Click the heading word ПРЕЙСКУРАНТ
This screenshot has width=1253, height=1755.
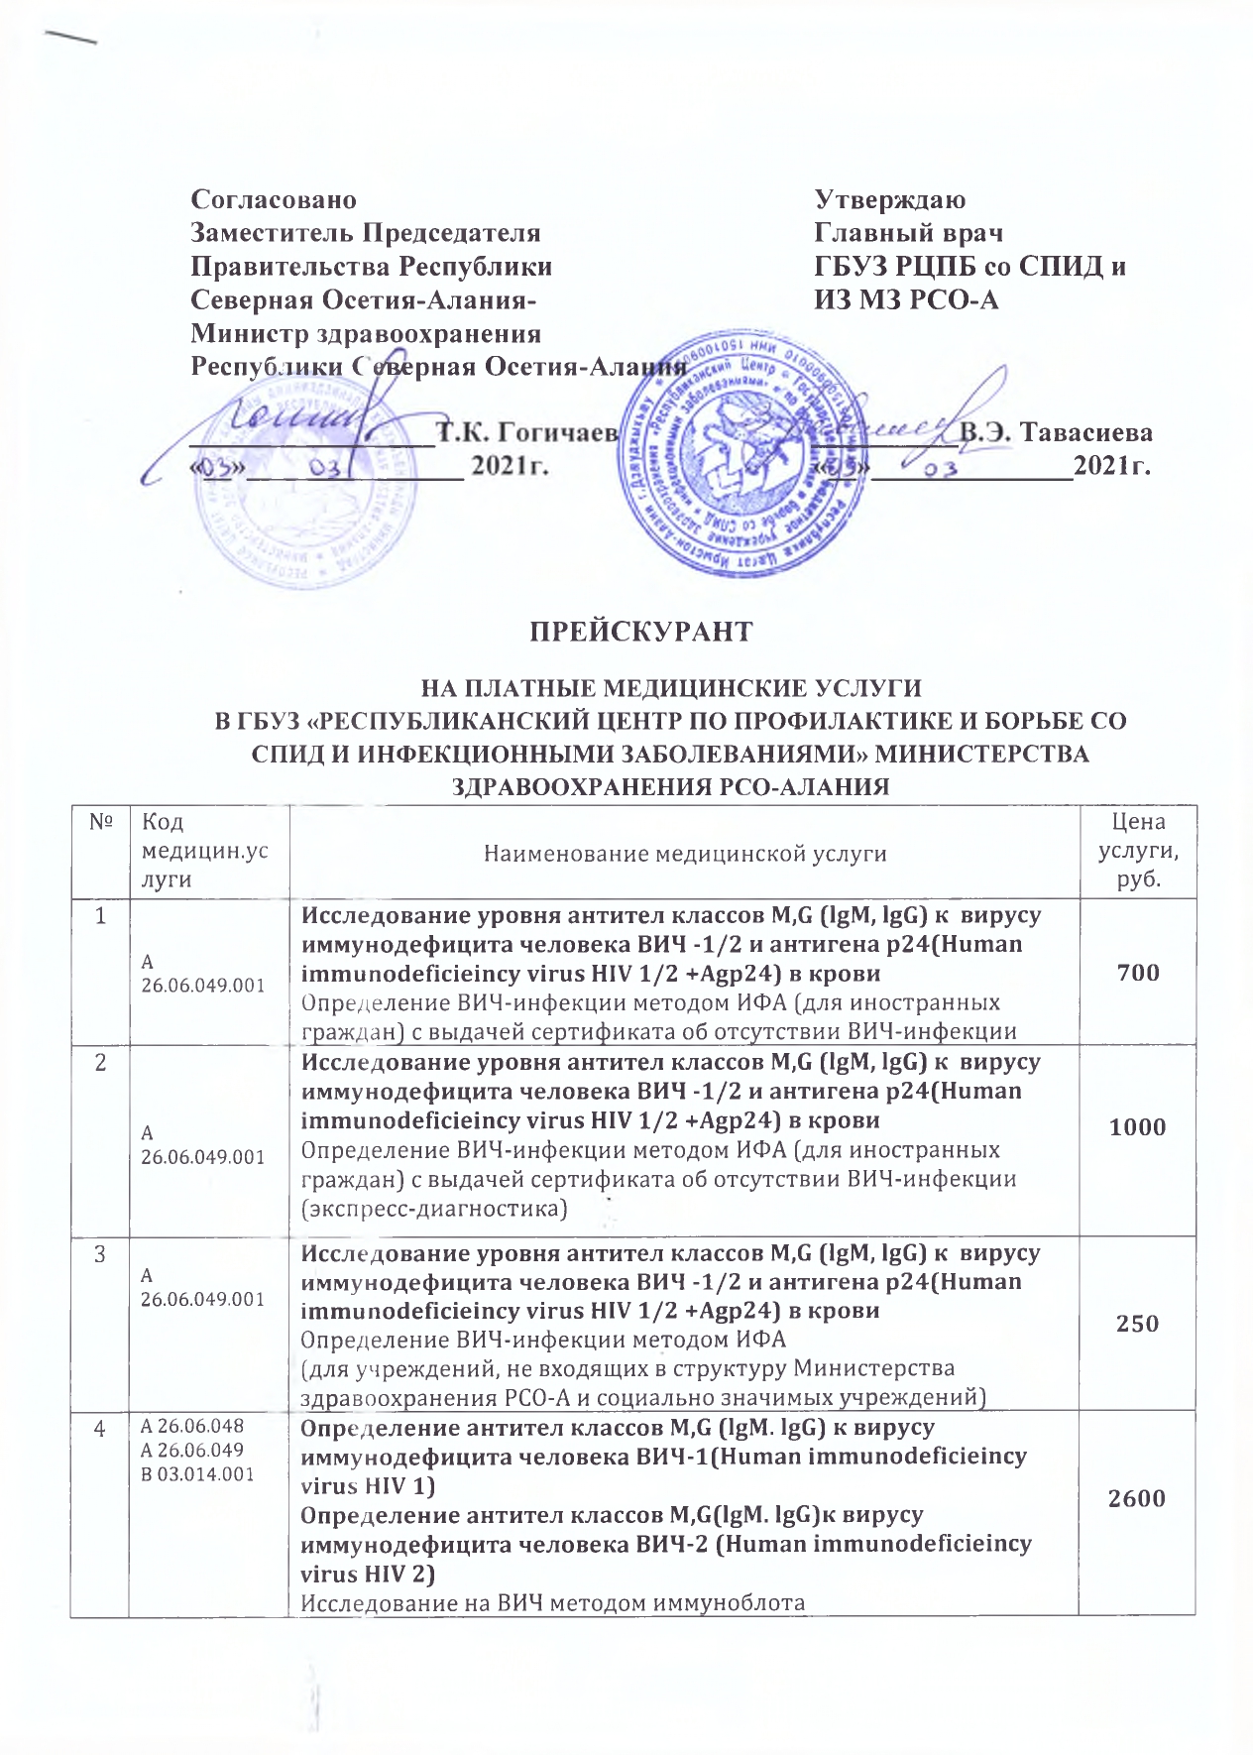[640, 632]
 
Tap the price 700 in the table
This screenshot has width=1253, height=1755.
[1137, 973]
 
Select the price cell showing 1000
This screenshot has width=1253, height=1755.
[1137, 1127]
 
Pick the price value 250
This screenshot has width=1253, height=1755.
[1137, 1324]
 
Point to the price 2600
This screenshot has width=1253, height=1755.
[1137, 1498]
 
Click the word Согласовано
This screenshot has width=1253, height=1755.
[274, 199]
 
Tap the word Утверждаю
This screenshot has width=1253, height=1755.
[890, 199]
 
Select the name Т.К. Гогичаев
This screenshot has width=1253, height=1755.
[528, 432]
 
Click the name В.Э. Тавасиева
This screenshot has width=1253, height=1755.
[1056, 432]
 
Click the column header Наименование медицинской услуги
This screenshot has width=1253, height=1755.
[684, 854]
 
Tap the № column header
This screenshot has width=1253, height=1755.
[100, 822]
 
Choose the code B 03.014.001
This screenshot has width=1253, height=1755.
[197, 1474]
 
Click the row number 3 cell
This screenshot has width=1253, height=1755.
[100, 1254]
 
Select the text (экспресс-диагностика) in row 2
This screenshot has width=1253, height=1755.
[434, 1209]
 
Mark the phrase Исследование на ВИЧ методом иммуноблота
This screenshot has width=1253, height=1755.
[552, 1603]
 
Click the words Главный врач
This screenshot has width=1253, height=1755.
[908, 233]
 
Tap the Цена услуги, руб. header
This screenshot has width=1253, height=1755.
[1138, 851]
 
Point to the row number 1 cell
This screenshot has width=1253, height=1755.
[100, 916]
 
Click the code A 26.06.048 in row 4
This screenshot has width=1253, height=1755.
[192, 1427]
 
